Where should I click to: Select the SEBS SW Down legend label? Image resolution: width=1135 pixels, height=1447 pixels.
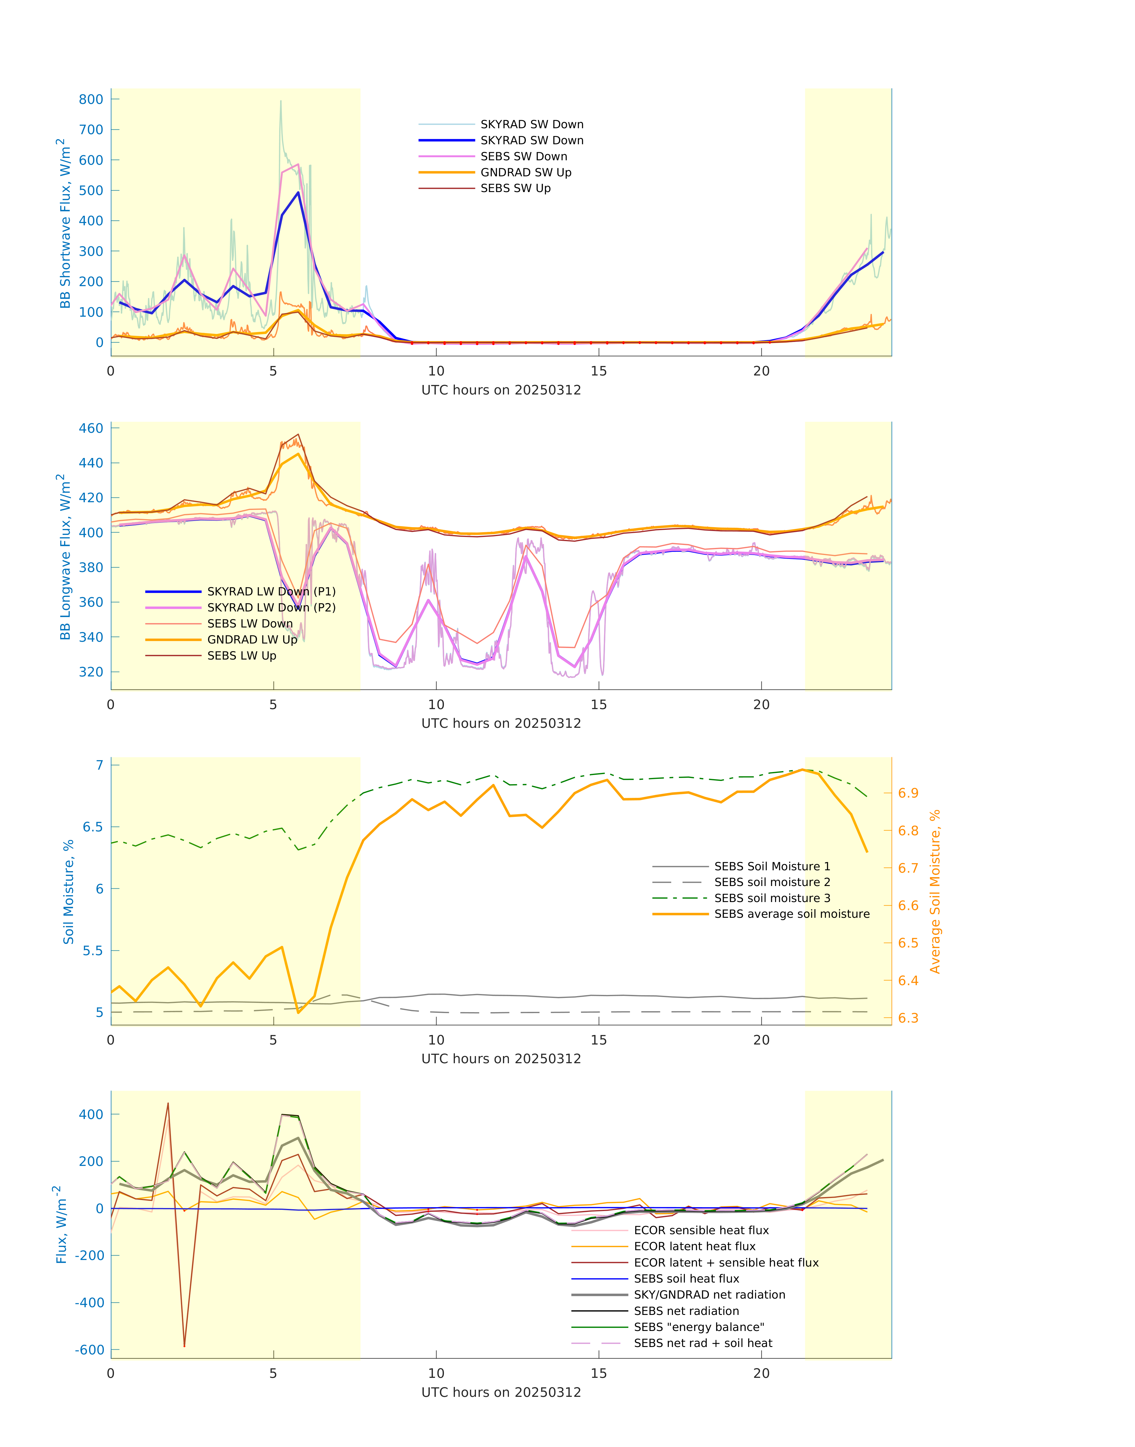tap(524, 157)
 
